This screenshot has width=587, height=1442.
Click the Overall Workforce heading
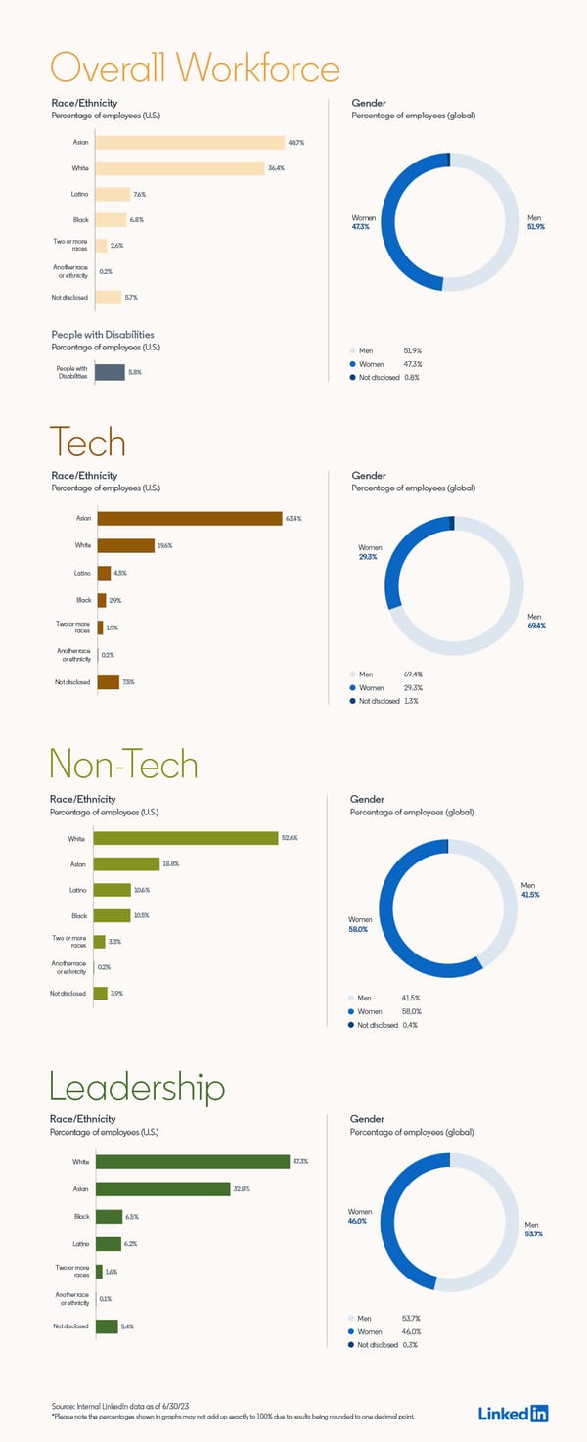pos(195,69)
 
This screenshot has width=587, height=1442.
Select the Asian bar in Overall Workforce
pos(189,143)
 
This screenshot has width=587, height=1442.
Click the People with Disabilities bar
pos(110,372)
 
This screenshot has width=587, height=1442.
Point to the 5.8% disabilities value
pos(135,372)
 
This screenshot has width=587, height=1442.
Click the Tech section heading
pos(88,442)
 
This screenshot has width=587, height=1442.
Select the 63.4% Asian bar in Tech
pos(190,518)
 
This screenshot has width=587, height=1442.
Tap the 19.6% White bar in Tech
pos(125,545)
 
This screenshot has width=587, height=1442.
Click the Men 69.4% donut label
pos(535,621)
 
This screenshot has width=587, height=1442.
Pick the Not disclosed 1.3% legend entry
pos(384,701)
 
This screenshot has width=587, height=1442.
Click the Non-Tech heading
pos(123,765)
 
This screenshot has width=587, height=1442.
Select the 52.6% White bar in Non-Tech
pos(186,838)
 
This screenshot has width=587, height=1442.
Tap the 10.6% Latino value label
pos(142,890)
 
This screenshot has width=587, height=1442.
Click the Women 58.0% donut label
pos(360,924)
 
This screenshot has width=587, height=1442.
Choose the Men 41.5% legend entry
pos(384,998)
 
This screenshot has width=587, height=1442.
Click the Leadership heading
pos(137,1087)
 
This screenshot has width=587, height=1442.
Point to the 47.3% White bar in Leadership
pos(192,1161)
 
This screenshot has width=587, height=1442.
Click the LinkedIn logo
pos(513,1413)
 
